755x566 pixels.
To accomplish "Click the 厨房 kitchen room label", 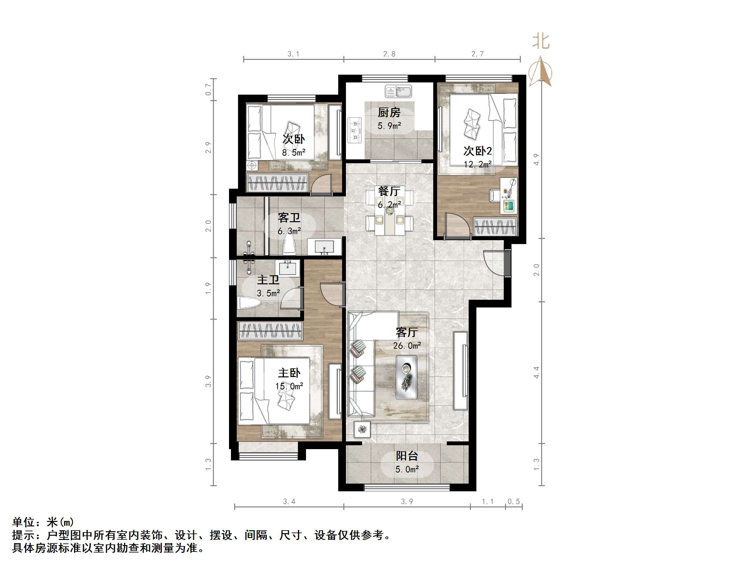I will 389,112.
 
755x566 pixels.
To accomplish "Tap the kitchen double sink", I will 398,91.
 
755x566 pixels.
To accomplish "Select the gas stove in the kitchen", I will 355,130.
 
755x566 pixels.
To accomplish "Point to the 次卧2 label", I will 477,151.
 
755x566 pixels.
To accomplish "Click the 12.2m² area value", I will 477,164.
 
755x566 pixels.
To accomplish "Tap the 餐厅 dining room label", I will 389,191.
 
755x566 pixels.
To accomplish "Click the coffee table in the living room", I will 406,377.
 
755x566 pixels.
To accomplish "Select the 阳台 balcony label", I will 407,456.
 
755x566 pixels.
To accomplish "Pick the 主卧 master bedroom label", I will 289,373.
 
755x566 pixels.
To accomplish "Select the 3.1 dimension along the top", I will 293,54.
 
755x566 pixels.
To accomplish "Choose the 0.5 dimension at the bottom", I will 513,501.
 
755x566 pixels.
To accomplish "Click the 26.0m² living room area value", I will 407,345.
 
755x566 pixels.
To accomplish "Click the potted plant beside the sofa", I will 362,429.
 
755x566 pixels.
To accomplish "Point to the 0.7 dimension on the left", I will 208,90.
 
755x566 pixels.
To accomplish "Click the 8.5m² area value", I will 293,152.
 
